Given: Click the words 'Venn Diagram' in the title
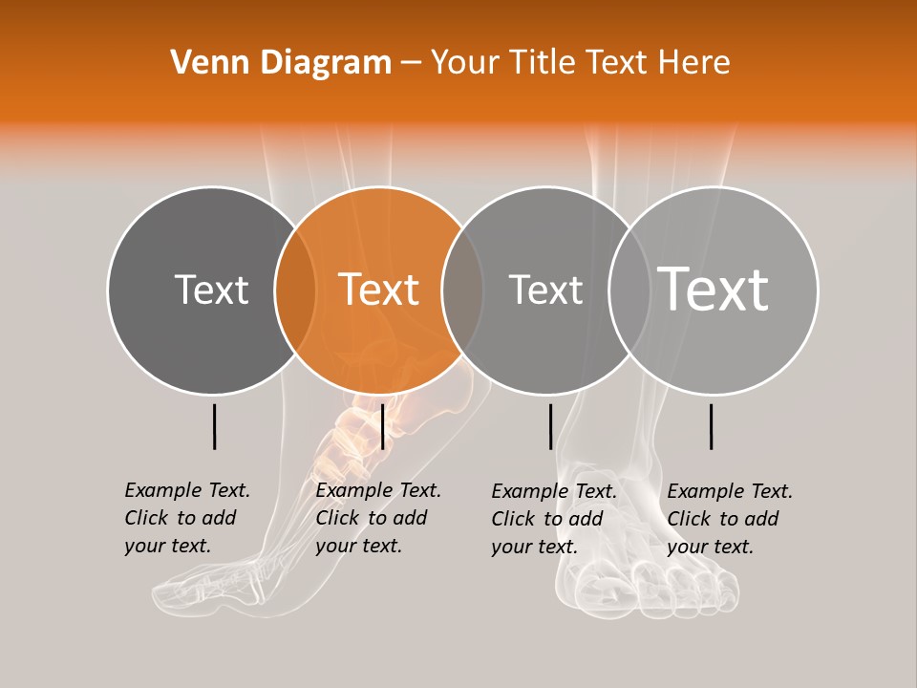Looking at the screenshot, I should tap(281, 63).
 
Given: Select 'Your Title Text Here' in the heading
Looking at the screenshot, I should tap(580, 63).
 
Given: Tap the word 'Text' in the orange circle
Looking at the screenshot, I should tap(378, 290).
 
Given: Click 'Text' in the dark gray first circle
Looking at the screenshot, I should tap(211, 290).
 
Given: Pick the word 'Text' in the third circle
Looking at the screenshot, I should tap(545, 290).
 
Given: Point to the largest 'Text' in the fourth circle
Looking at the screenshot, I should tap(714, 290).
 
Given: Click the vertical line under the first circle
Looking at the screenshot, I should tap(214, 426).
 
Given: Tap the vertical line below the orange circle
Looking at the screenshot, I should tap(382, 426).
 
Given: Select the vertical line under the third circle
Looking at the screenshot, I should tap(550, 426).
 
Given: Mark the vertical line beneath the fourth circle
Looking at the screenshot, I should tap(711, 426).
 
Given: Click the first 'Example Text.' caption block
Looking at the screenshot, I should tap(187, 518).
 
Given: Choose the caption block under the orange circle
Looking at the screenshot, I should tap(378, 518).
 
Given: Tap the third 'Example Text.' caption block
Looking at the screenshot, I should tap(554, 519).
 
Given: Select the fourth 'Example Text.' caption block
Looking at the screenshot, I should tap(730, 519).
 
